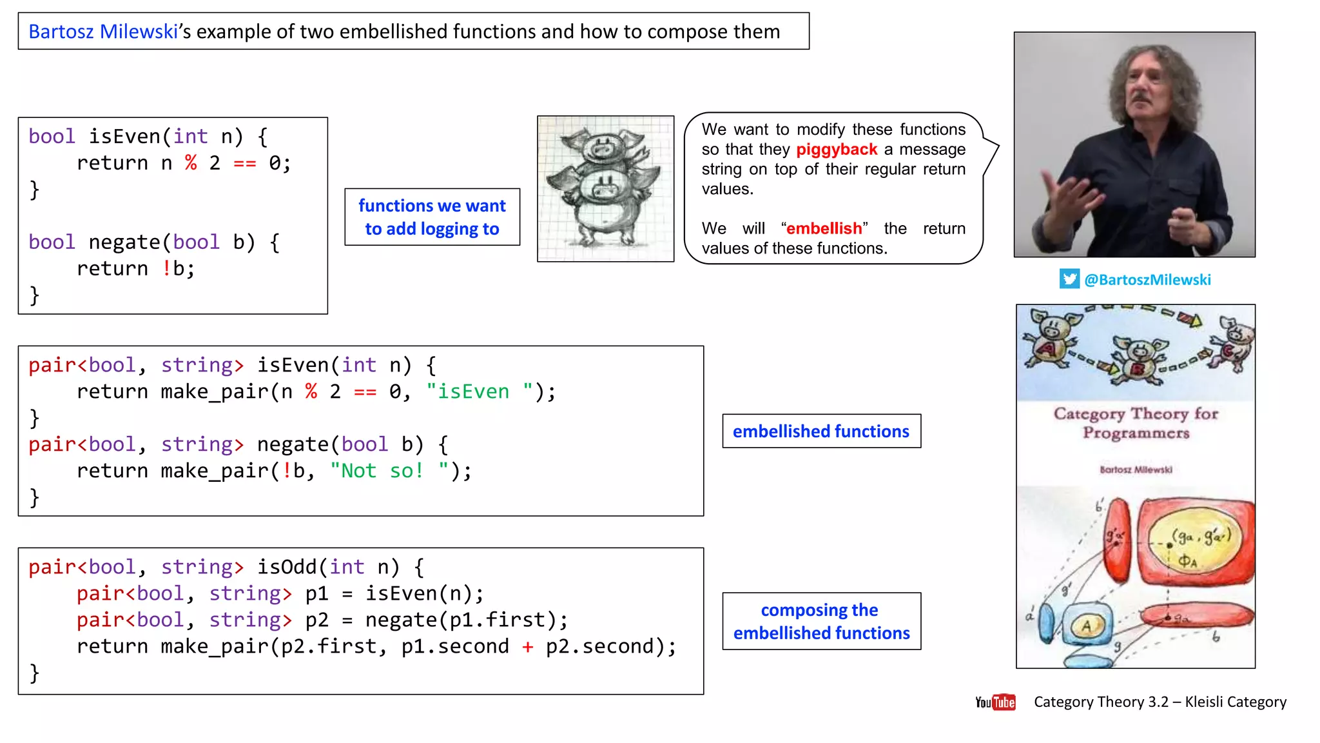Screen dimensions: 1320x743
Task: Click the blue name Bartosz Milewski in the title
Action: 103,32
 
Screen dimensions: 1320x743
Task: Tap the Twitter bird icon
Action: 1069,279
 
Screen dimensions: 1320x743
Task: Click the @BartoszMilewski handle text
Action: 1147,280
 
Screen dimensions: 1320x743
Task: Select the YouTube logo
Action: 995,702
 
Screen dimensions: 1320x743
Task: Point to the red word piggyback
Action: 836,150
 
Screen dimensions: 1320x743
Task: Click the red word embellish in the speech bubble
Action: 824,228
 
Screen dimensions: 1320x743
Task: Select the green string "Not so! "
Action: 389,471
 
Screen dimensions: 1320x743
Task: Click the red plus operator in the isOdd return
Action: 527,646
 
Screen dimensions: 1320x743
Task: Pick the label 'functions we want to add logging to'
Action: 432,217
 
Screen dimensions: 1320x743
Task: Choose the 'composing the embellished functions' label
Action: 821,621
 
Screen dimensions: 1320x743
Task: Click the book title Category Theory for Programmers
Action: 1136,422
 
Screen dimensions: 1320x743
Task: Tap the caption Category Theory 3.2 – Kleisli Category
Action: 1160,702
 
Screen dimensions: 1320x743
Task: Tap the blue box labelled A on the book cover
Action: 1087,624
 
